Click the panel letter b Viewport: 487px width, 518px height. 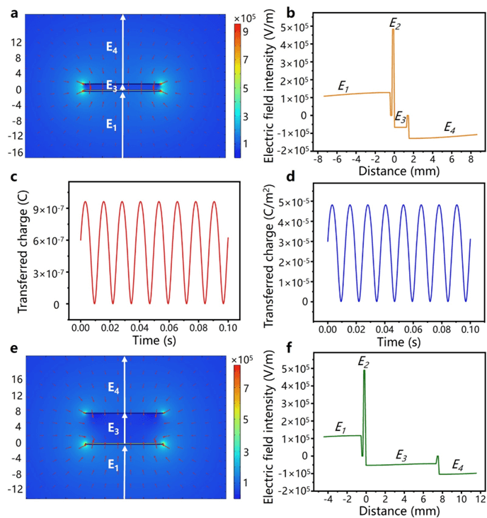point(270,10)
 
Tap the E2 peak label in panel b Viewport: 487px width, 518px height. point(395,23)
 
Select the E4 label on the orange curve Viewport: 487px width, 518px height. point(449,127)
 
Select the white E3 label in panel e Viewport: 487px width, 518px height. point(113,427)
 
